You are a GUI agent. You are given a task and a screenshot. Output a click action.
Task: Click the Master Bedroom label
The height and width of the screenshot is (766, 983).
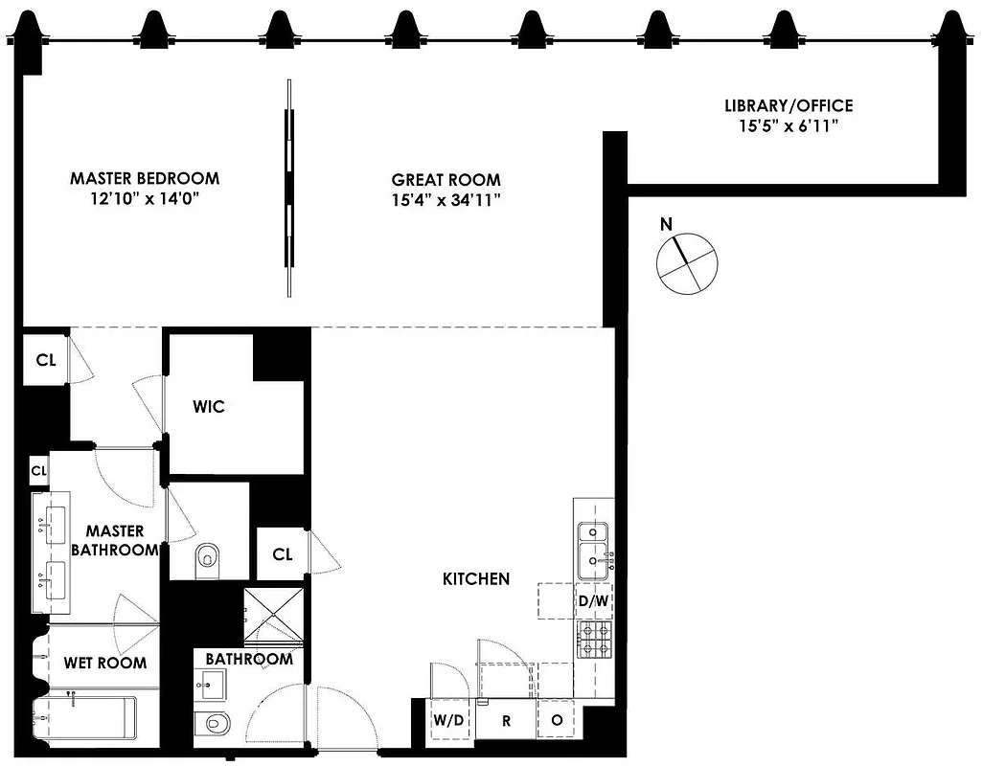[x=145, y=178]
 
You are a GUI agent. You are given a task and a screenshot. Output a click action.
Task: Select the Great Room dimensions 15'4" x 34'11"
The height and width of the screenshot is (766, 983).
[x=446, y=199]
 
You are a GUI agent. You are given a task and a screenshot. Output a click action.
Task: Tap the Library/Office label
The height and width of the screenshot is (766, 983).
[x=789, y=106]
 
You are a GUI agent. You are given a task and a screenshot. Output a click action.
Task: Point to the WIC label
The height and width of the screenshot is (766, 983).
[x=208, y=407]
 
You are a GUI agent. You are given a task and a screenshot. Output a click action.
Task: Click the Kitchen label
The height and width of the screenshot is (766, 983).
[x=475, y=578]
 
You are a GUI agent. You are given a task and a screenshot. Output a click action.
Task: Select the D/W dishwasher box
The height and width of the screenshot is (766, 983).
[x=591, y=601]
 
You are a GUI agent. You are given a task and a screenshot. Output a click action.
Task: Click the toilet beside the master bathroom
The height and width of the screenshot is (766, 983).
[x=206, y=559]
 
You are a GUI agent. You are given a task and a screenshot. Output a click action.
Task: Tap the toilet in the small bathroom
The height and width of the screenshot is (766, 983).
[x=212, y=724]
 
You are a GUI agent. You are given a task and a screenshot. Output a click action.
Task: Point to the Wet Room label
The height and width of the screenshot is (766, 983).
[x=105, y=663]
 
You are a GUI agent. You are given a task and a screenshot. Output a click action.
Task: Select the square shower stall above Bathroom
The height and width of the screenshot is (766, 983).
[x=273, y=616]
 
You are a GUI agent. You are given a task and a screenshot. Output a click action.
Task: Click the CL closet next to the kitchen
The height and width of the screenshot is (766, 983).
[x=282, y=553]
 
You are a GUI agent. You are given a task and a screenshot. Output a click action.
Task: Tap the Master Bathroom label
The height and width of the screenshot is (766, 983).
[x=115, y=540]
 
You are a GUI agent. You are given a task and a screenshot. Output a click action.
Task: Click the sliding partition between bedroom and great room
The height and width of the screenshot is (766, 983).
[x=288, y=187]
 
